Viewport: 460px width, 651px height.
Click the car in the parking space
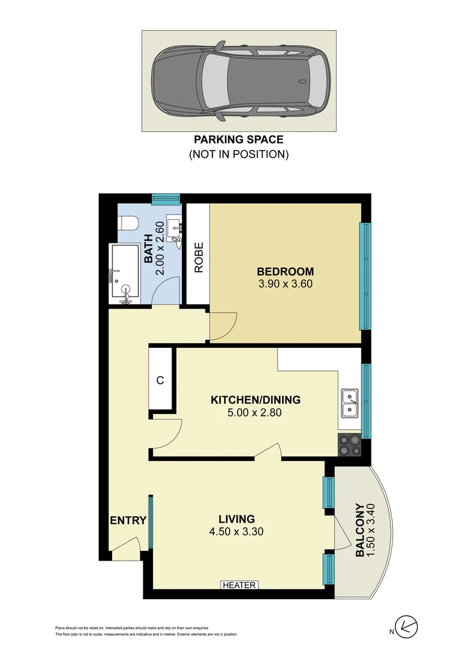coord(238,81)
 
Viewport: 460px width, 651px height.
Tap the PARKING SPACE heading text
coord(238,140)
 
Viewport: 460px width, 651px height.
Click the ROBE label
coord(198,258)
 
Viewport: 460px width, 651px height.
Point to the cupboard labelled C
coord(160,381)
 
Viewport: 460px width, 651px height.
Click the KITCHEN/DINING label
coord(255,400)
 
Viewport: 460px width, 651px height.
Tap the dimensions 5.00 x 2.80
coord(255,413)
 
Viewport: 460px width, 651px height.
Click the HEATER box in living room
coord(240,585)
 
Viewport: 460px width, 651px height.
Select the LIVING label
coord(237,518)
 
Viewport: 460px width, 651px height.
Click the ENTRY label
coord(128,520)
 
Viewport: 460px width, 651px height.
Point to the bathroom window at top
coord(166,197)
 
